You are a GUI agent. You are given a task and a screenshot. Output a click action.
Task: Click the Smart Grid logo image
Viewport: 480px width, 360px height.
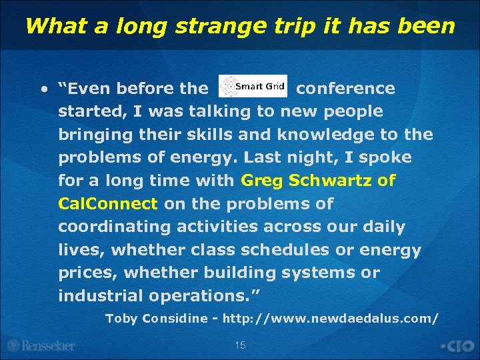(x=253, y=87)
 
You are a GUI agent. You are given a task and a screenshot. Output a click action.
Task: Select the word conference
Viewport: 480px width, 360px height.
(x=345, y=89)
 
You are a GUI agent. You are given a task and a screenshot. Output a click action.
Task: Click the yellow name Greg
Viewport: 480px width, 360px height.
(x=262, y=181)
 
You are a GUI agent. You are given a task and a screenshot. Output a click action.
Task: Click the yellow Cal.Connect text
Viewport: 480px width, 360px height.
(x=108, y=204)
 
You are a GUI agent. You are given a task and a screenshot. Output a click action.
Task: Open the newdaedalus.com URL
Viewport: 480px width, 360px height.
(x=331, y=319)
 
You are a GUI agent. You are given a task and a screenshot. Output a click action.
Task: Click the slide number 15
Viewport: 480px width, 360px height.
(x=240, y=345)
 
